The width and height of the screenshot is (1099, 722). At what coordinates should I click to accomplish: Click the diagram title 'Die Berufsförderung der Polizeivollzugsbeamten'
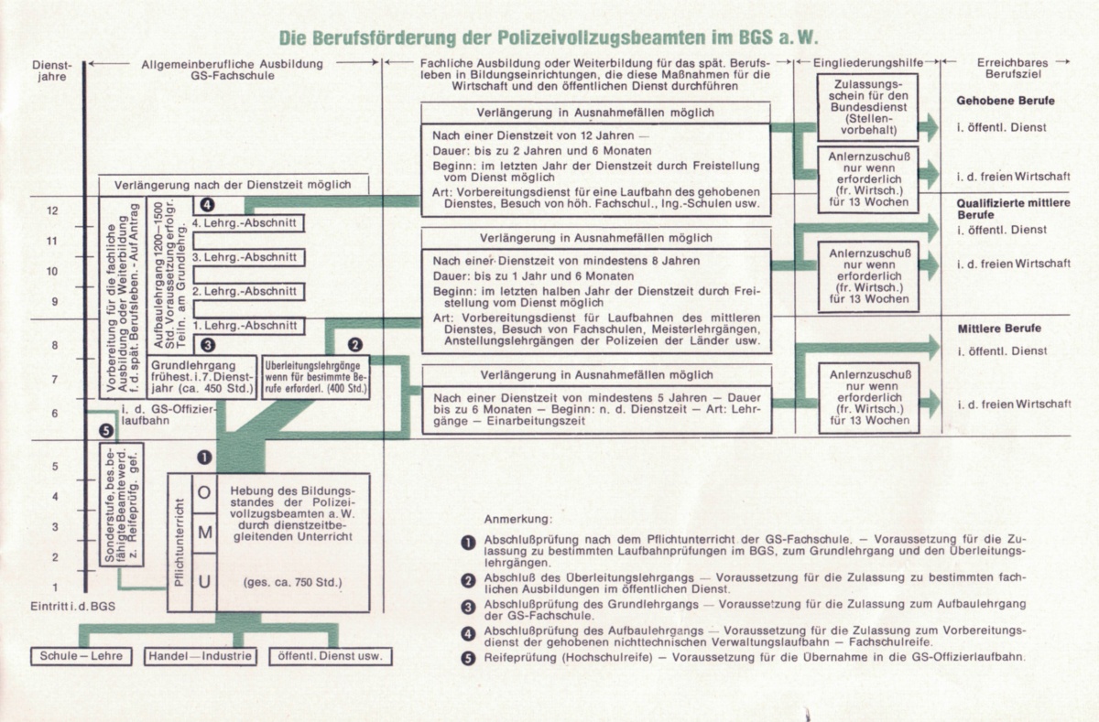[544, 38]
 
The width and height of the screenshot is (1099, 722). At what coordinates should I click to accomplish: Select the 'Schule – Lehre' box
[81, 656]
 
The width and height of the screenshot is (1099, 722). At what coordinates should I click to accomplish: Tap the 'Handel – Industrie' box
[200, 656]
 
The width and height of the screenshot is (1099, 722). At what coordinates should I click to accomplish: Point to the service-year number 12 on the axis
[52, 210]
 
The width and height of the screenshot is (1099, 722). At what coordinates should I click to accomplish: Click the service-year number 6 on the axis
[55, 414]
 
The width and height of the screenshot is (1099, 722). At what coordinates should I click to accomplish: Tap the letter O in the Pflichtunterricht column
[204, 492]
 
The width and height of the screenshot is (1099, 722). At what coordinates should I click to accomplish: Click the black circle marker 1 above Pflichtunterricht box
[203, 457]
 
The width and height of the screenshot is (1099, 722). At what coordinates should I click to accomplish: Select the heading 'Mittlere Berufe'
[999, 328]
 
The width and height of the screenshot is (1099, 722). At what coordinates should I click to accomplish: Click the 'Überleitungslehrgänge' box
[316, 375]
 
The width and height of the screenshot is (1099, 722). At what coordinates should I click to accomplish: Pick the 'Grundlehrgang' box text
[211, 375]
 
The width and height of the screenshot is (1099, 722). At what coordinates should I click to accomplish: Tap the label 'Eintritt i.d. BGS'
[69, 608]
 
